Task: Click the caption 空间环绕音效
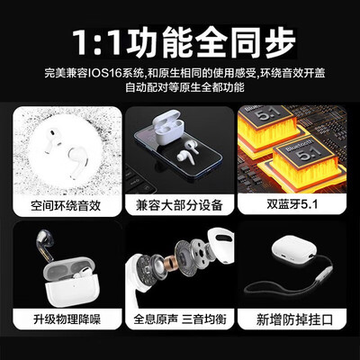(65, 206)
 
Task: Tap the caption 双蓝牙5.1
(293, 206)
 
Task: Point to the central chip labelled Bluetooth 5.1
(292, 160)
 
